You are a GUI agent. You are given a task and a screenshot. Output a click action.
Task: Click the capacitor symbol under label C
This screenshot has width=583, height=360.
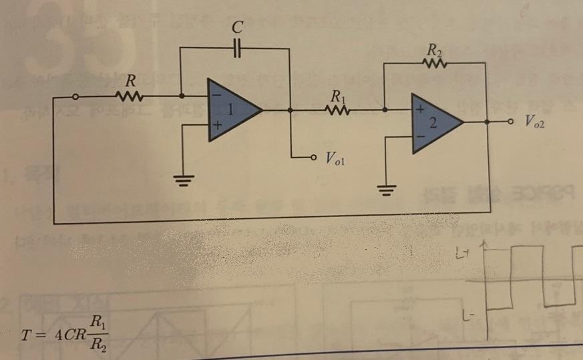pos(236,49)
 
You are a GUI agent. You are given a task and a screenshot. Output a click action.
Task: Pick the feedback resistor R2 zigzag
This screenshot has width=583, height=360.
pos(433,63)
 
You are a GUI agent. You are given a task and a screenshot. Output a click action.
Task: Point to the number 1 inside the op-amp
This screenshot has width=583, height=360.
pos(230,111)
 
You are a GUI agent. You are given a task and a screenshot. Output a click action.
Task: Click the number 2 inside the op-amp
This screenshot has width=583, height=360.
pos(433,122)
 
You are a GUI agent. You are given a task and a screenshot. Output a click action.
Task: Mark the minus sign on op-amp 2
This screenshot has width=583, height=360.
pos(419,136)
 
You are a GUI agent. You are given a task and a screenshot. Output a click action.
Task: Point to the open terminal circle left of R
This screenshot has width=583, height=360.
pos(75,98)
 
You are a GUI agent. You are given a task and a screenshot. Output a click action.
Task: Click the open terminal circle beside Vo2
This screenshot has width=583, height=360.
pos(510,122)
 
